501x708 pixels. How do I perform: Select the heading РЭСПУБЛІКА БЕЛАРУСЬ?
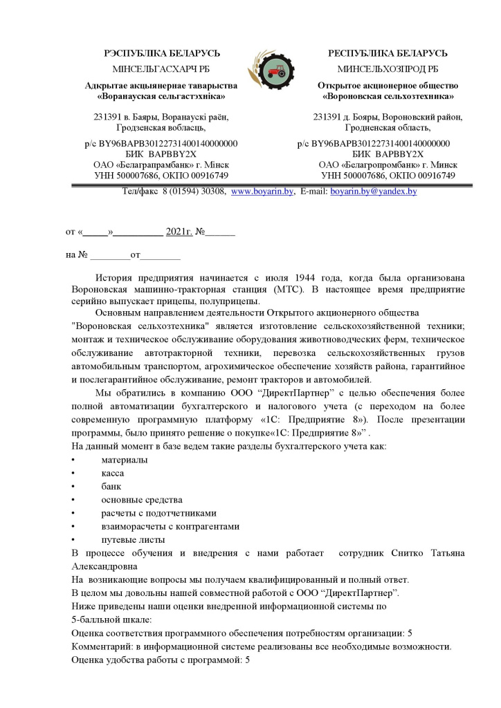[162, 53]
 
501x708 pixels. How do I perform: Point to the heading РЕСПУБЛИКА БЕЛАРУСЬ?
[388, 53]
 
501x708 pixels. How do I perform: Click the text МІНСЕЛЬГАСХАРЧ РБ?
[161, 69]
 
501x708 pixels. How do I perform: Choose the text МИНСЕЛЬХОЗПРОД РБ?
[388, 69]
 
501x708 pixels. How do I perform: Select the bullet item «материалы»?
[125, 460]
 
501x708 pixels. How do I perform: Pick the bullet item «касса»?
[113, 473]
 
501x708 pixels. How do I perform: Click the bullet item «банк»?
[111, 486]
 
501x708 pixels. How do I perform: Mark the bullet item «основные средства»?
[141, 499]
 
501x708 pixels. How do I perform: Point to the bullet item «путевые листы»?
[133, 539]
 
